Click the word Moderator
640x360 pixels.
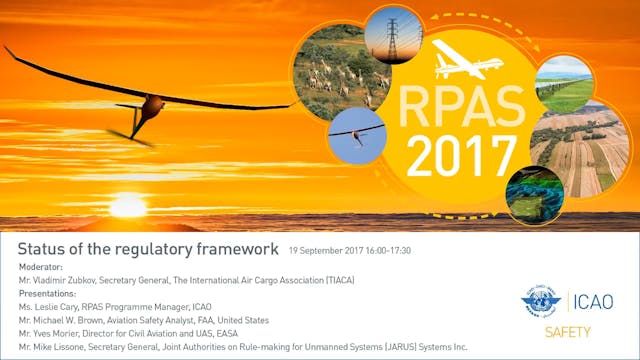[x=41, y=268]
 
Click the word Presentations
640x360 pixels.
[x=47, y=294]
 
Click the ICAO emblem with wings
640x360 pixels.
[x=542, y=301]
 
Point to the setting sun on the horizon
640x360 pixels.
[x=127, y=206]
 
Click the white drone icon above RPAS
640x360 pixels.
[x=467, y=62]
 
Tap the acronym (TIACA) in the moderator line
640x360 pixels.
[x=335, y=281]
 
